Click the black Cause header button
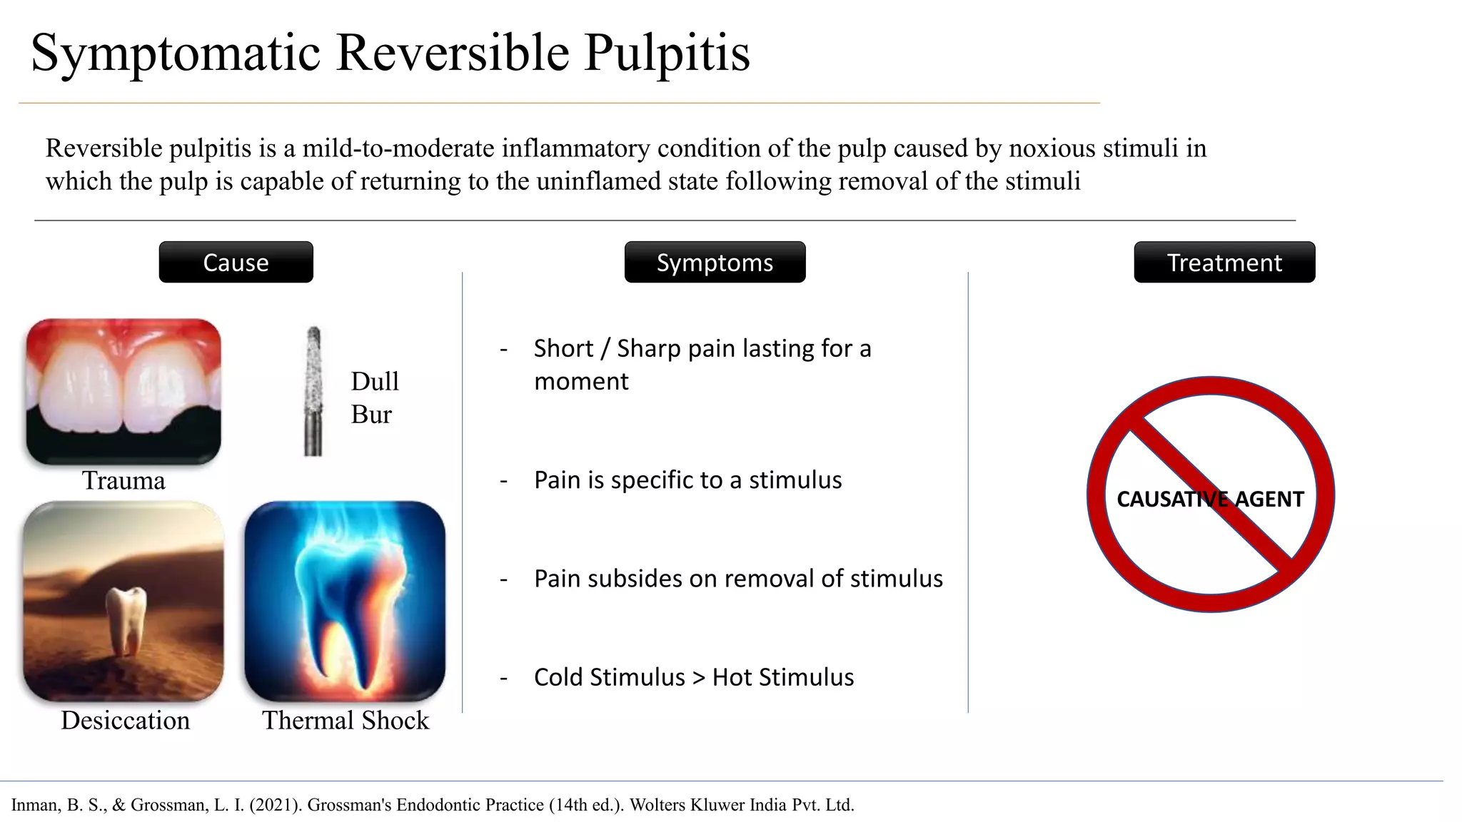[x=236, y=263]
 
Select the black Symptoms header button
[x=715, y=263]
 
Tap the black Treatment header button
[x=1224, y=263]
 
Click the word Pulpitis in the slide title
[x=667, y=53]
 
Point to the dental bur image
[x=313, y=391]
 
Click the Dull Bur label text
[x=374, y=397]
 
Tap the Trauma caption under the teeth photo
[x=123, y=480]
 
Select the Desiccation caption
[x=125, y=720]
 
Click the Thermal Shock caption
[x=346, y=720]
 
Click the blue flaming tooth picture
[x=345, y=601]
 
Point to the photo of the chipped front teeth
[x=123, y=391]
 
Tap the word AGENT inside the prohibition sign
[x=1269, y=499]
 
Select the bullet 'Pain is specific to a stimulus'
[x=687, y=480]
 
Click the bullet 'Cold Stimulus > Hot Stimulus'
[x=693, y=677]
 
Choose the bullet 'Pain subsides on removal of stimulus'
[x=738, y=579]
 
